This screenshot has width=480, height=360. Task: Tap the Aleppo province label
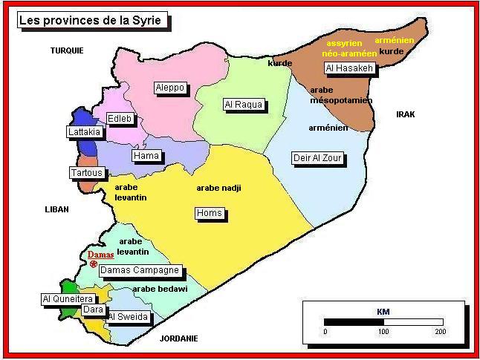(169, 88)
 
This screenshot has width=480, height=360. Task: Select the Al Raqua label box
(243, 105)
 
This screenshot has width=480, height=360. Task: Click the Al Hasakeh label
(349, 68)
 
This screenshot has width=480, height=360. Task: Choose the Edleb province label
(120, 118)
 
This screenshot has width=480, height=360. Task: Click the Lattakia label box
(84, 132)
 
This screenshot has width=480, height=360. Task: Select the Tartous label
(86, 173)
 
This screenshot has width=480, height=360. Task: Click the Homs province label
(209, 214)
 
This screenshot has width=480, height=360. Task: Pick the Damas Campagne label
(140, 271)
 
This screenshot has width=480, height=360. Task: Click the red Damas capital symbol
(94, 264)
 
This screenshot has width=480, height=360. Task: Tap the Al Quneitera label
(66, 299)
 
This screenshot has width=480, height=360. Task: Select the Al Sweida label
(129, 317)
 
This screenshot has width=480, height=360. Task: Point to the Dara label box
(93, 310)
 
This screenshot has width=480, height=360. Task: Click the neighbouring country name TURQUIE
(67, 50)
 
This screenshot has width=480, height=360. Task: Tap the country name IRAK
(405, 114)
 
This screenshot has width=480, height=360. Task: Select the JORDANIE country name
(179, 338)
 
